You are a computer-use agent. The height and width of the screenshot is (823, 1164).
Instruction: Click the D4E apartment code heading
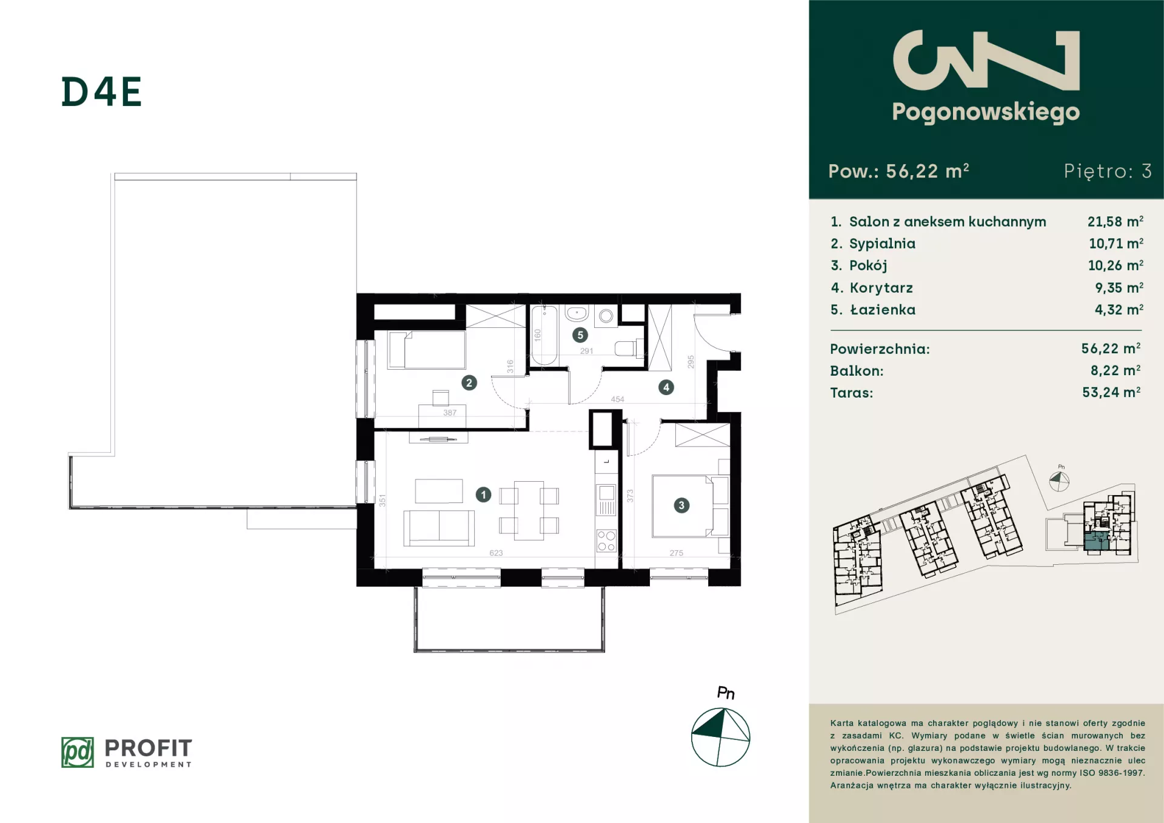(x=101, y=92)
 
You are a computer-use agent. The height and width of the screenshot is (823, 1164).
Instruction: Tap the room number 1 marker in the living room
(x=483, y=495)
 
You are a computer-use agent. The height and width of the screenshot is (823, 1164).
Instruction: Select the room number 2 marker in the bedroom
(x=469, y=382)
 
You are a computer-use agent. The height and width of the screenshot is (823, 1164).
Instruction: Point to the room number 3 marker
(x=681, y=505)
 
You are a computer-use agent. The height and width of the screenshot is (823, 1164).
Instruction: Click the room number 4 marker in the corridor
(x=666, y=387)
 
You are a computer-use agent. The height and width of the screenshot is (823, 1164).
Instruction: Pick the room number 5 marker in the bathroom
(x=580, y=335)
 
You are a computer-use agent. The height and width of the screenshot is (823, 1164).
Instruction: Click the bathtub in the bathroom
(x=544, y=335)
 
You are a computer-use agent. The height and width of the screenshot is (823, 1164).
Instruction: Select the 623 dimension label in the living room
(x=496, y=553)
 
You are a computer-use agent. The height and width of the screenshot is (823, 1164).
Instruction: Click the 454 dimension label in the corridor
(x=617, y=399)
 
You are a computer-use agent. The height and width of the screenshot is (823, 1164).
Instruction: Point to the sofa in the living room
(x=440, y=528)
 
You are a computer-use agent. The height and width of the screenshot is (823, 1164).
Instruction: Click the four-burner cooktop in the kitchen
(x=606, y=541)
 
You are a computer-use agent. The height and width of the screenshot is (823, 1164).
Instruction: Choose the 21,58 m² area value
(x=1115, y=221)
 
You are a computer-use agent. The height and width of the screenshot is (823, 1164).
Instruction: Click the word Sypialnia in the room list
(x=882, y=244)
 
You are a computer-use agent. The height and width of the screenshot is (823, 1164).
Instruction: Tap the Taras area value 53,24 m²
(x=1111, y=392)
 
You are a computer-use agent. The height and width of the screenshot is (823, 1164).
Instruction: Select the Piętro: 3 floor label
(x=1108, y=171)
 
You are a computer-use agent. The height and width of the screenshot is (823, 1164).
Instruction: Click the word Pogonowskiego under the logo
(x=986, y=112)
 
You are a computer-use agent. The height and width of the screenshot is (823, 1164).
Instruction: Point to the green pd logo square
(x=78, y=752)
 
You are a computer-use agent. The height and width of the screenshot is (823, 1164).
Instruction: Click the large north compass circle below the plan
(x=721, y=737)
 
